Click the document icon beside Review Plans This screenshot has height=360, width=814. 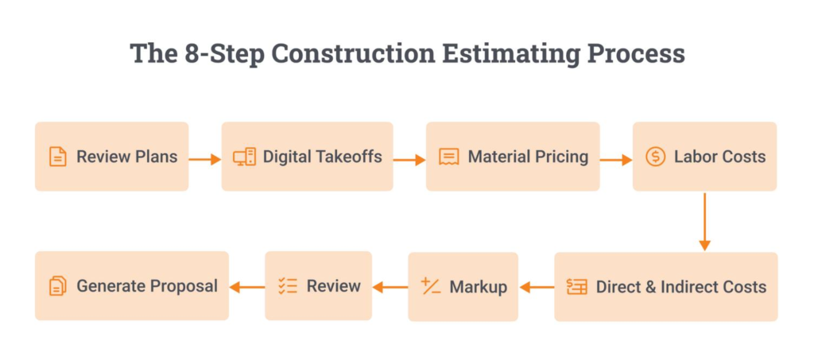pyautogui.click(x=57, y=157)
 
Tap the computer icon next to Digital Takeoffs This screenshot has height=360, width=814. pyautogui.click(x=244, y=157)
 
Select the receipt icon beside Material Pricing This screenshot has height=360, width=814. pyautogui.click(x=449, y=157)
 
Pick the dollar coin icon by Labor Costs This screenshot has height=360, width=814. pyautogui.click(x=656, y=156)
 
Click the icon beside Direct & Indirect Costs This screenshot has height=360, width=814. pyautogui.click(x=577, y=286)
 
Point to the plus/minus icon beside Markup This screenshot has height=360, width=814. pyautogui.click(x=431, y=286)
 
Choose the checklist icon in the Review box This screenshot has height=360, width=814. pyautogui.click(x=288, y=286)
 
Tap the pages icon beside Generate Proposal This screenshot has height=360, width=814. pyautogui.click(x=57, y=286)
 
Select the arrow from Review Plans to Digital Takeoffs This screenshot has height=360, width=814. pyautogui.click(x=205, y=159)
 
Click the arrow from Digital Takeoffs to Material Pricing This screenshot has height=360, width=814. pyautogui.click(x=409, y=159)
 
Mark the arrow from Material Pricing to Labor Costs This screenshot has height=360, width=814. pyautogui.click(x=616, y=159)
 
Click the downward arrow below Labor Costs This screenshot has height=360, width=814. pyautogui.click(x=704, y=222)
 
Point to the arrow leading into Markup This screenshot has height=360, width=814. pyautogui.click(x=537, y=287)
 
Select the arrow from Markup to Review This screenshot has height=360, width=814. pyautogui.click(x=390, y=287)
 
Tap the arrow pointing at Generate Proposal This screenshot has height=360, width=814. pyautogui.click(x=247, y=287)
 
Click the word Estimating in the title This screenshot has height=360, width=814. pyautogui.click(x=520, y=54)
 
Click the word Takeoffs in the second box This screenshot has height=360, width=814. pyautogui.click(x=350, y=156)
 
